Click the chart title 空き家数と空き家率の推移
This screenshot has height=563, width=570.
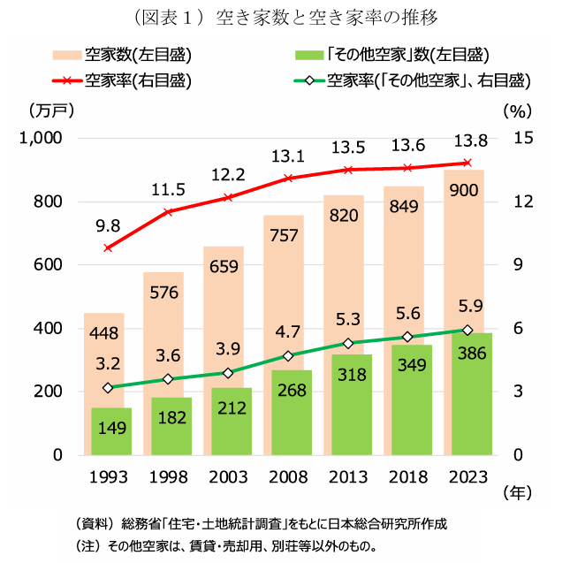(327, 16)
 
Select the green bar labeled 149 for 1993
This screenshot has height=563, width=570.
(111, 432)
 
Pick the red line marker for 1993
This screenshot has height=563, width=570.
(109, 247)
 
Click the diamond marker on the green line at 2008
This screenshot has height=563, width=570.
(288, 356)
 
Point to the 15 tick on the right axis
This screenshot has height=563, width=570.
(522, 138)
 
